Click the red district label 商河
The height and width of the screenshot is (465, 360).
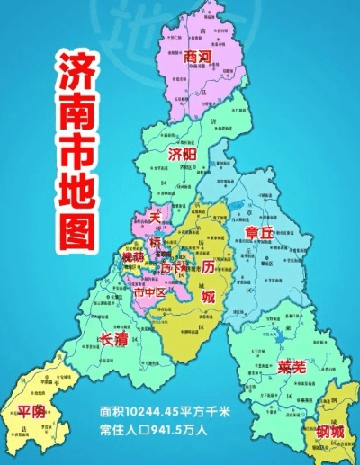(197, 57)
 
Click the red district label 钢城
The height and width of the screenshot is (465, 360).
(330, 432)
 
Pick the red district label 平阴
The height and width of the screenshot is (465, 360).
(31, 412)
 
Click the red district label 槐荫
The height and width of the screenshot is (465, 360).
(133, 258)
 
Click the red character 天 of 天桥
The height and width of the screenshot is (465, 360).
(155, 218)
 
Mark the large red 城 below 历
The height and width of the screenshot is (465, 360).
(209, 297)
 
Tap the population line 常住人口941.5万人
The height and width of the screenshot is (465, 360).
(154, 429)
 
